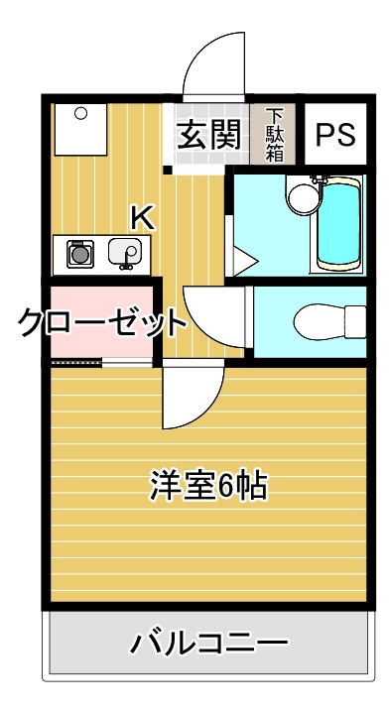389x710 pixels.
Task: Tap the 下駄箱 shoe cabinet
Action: [x=275, y=135]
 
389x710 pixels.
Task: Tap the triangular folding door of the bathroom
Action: [x=243, y=262]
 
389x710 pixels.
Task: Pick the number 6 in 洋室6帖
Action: [x=225, y=487]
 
